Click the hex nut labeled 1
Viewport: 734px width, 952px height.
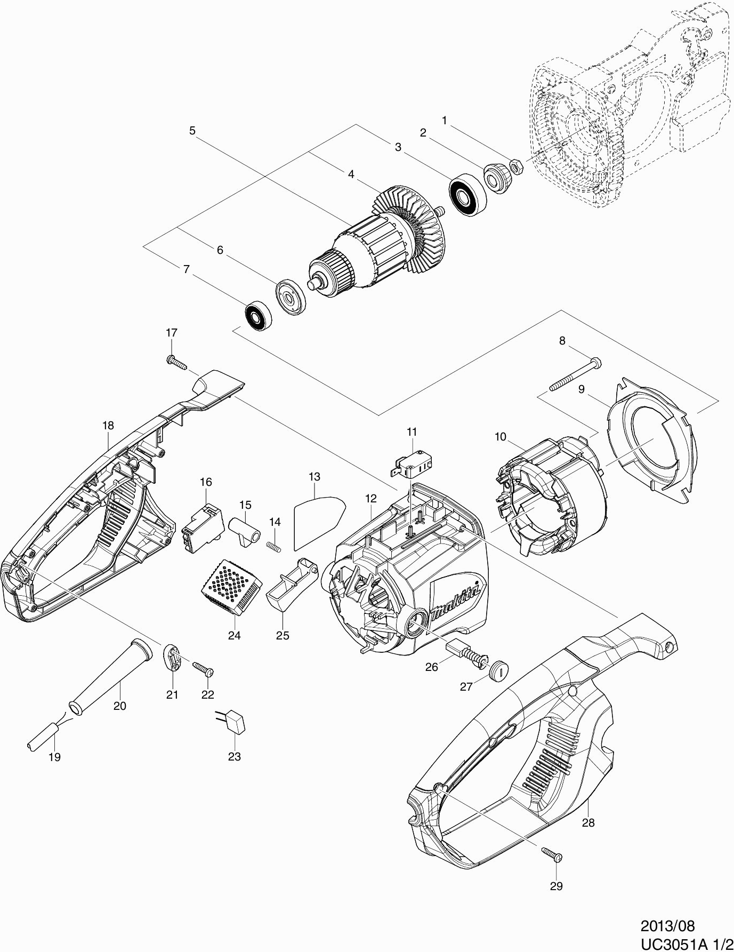(517, 166)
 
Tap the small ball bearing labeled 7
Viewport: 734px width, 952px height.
(260, 317)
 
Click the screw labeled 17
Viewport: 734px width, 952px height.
(177, 363)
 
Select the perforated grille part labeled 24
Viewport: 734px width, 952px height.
(232, 589)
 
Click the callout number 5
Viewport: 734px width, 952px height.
(192, 130)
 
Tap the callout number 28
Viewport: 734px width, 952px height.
(587, 823)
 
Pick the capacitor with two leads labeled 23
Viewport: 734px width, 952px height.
(233, 723)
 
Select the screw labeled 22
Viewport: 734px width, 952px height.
(203, 668)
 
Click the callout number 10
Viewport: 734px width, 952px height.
(500, 437)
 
